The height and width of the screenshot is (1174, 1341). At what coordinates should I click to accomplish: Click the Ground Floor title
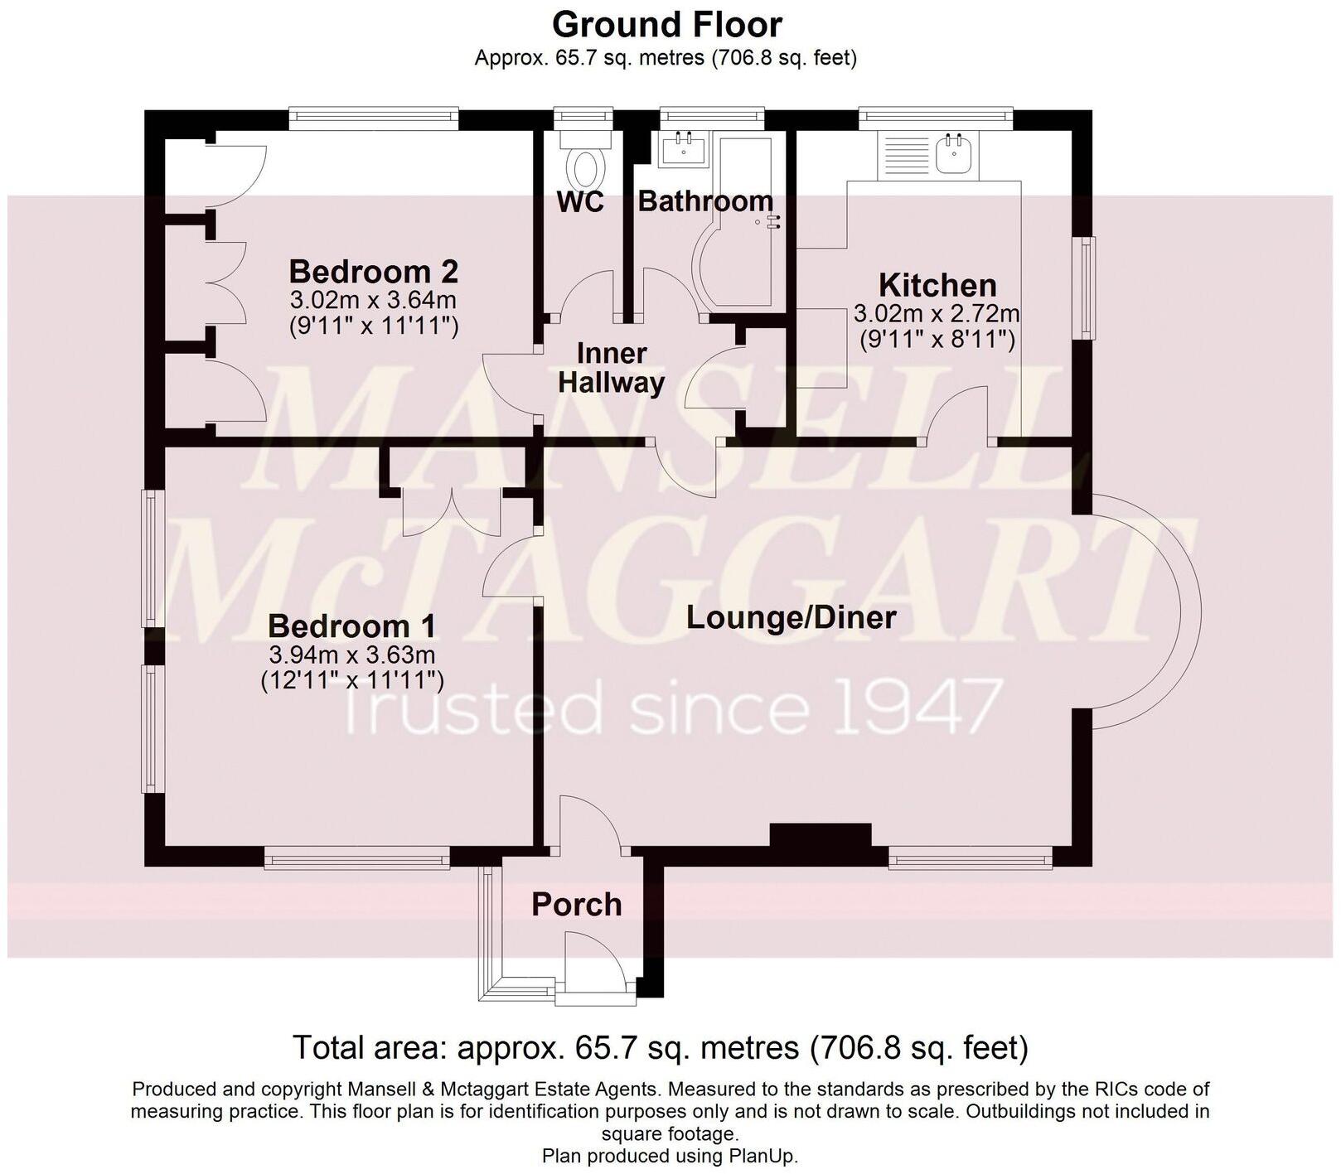(666, 25)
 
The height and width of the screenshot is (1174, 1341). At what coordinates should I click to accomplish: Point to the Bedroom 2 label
(373, 271)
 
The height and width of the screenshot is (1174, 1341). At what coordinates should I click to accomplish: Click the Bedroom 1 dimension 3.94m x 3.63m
(352, 655)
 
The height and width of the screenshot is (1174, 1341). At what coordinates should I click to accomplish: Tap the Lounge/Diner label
(792, 617)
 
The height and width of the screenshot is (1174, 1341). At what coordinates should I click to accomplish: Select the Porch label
(576, 904)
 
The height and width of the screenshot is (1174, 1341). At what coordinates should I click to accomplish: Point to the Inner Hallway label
(611, 368)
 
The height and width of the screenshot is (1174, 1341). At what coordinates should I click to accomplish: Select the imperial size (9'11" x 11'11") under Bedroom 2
(374, 326)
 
